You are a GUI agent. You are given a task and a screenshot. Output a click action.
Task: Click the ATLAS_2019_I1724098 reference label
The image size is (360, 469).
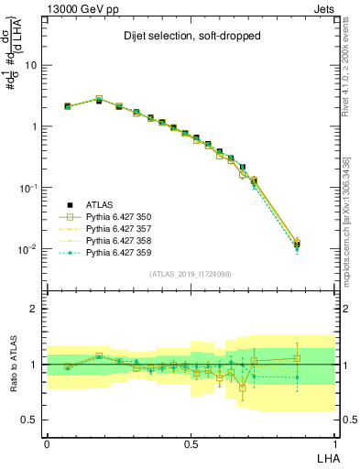191,273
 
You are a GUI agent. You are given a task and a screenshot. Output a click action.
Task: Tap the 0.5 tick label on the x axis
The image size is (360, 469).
191,442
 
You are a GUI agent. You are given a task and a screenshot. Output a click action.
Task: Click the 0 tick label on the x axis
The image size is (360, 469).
47,442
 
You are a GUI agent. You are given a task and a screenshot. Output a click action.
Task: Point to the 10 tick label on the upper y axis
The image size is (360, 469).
31,66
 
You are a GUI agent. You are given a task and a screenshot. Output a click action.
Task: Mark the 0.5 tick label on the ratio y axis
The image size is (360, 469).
30,420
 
